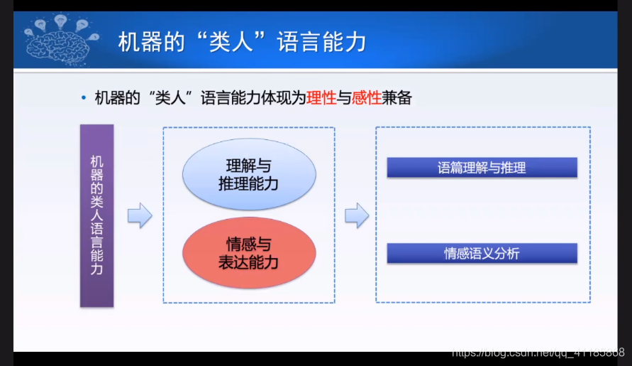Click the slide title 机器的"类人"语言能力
pyautogui.click(x=243, y=42)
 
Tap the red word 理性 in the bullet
pyautogui.click(x=321, y=98)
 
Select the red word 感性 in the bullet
pyautogui.click(x=367, y=98)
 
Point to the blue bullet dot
pyautogui.click(x=84, y=97)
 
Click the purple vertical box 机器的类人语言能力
pyautogui.click(x=96, y=216)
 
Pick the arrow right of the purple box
pyautogui.click(x=140, y=215)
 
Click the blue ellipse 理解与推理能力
pyautogui.click(x=249, y=174)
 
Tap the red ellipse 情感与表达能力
pyautogui.click(x=249, y=253)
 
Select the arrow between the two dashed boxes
pyautogui.click(x=357, y=215)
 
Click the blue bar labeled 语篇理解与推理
pyautogui.click(x=482, y=168)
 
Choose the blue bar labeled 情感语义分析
pyautogui.click(x=482, y=253)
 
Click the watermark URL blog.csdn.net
pyautogui.click(x=538, y=352)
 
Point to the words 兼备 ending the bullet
pyautogui.click(x=397, y=98)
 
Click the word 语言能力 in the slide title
pyautogui.click(x=321, y=42)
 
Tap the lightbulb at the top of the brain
pyautogui.click(x=60, y=21)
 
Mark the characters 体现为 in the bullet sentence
pyautogui.click(x=284, y=98)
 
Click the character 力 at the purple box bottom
pyautogui.click(x=96, y=269)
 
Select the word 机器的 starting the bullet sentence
pyautogui.click(x=117, y=98)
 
